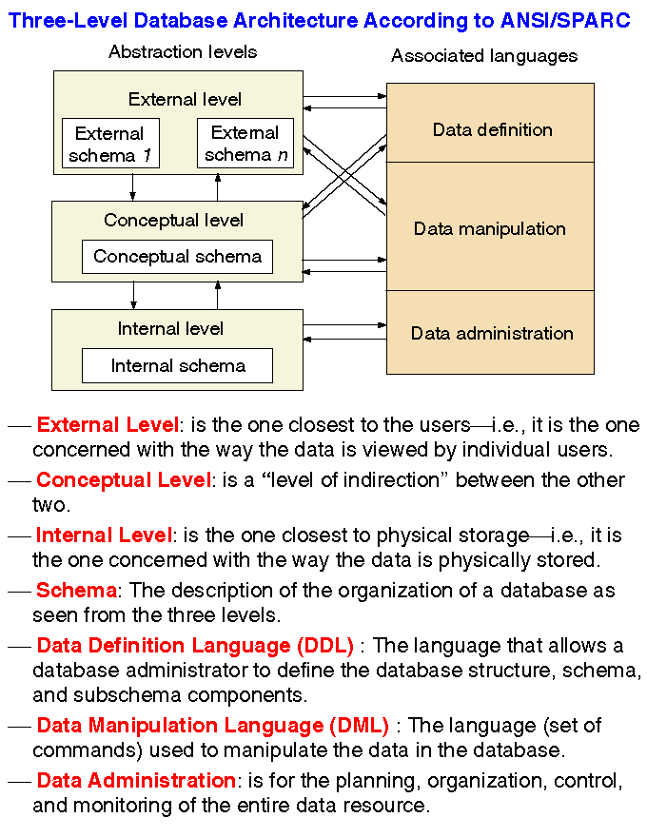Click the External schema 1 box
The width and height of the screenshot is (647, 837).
[109, 144]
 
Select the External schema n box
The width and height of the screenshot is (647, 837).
[245, 144]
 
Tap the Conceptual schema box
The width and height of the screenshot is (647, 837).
[177, 257]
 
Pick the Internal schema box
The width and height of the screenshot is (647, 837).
[177, 366]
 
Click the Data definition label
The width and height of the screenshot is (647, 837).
[492, 129]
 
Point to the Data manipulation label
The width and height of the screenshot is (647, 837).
[489, 229]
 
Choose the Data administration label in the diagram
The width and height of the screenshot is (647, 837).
[492, 333]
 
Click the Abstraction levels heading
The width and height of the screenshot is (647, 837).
[183, 51]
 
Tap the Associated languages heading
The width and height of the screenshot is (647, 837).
[484, 56]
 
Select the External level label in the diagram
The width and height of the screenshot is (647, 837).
[185, 99]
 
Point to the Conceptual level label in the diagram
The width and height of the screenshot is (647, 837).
[173, 221]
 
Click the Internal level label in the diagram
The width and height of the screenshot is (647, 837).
[170, 329]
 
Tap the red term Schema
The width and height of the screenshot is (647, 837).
[76, 591]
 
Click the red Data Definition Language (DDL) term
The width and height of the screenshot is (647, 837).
[195, 646]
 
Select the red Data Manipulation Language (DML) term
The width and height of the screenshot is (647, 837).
[212, 726]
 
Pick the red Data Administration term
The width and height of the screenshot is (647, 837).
[135, 781]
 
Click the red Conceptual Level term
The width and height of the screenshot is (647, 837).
[123, 480]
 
